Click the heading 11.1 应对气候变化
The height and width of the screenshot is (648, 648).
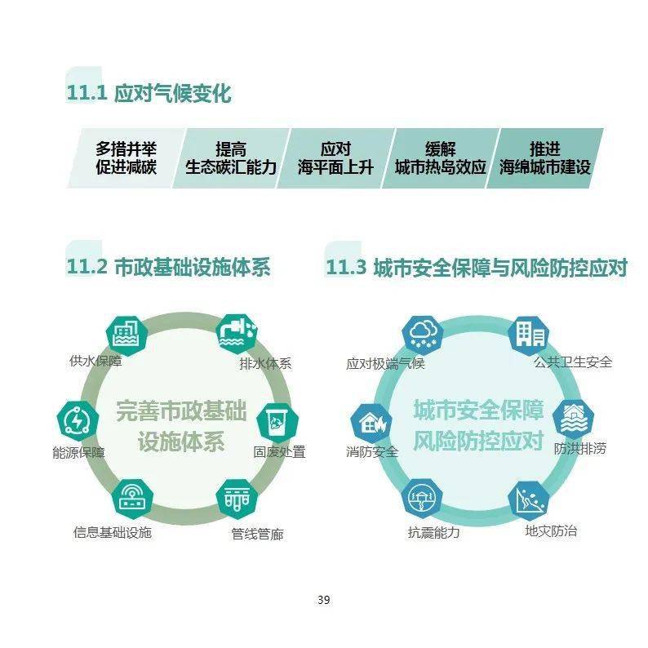(x=149, y=92)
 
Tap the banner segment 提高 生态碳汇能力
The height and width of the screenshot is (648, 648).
(x=231, y=158)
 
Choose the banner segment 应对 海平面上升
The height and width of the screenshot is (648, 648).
(x=335, y=158)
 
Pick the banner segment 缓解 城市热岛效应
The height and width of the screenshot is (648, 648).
(x=441, y=158)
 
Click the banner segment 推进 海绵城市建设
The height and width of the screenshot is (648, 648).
(x=545, y=158)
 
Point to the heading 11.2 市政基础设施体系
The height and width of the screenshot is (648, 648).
(x=168, y=267)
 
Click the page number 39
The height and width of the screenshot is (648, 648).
(x=323, y=600)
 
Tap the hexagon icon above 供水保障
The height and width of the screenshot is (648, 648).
(x=126, y=335)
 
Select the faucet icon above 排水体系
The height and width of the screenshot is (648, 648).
(x=237, y=333)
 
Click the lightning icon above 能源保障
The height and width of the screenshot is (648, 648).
(x=78, y=421)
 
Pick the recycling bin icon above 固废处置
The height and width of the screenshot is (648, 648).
(x=277, y=424)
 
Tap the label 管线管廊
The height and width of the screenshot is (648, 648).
(x=257, y=534)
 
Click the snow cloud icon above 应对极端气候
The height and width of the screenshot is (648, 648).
(x=424, y=335)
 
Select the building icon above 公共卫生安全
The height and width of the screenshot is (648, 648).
(x=529, y=335)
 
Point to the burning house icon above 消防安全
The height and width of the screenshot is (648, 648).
(x=371, y=424)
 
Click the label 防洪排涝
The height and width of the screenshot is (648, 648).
(x=579, y=448)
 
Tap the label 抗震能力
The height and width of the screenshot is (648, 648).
(x=434, y=532)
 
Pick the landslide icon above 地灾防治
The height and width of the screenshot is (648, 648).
(x=529, y=501)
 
